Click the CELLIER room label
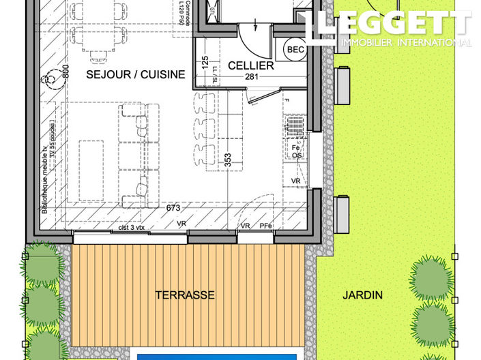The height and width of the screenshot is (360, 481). (x=251, y=65)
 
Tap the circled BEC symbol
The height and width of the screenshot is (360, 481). (x=295, y=50)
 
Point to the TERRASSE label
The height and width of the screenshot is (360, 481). (x=185, y=295)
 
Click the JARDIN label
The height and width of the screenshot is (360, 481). (x=363, y=295)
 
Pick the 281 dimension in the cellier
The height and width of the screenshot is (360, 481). (x=251, y=78)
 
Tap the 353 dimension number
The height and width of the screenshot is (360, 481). (x=229, y=160)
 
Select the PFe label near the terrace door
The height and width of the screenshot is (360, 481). (x=265, y=226)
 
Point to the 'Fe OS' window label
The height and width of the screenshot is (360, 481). (x=297, y=151)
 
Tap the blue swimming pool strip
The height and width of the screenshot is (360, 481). (x=217, y=356)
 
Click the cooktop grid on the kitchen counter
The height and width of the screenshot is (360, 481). (x=295, y=126)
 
